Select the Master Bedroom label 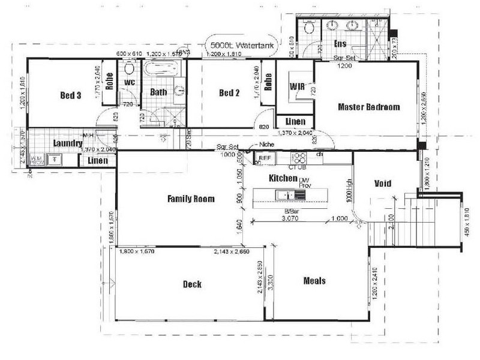click(368, 107)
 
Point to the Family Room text click(191, 199)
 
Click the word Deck click(192, 284)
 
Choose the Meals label click(314, 281)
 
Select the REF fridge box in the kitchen click(265, 158)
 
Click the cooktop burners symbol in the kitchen click(299, 158)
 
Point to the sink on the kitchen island click(283, 195)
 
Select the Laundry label click(67, 143)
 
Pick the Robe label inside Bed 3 click(110, 82)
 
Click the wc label click(128, 82)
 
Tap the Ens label click(340, 44)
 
